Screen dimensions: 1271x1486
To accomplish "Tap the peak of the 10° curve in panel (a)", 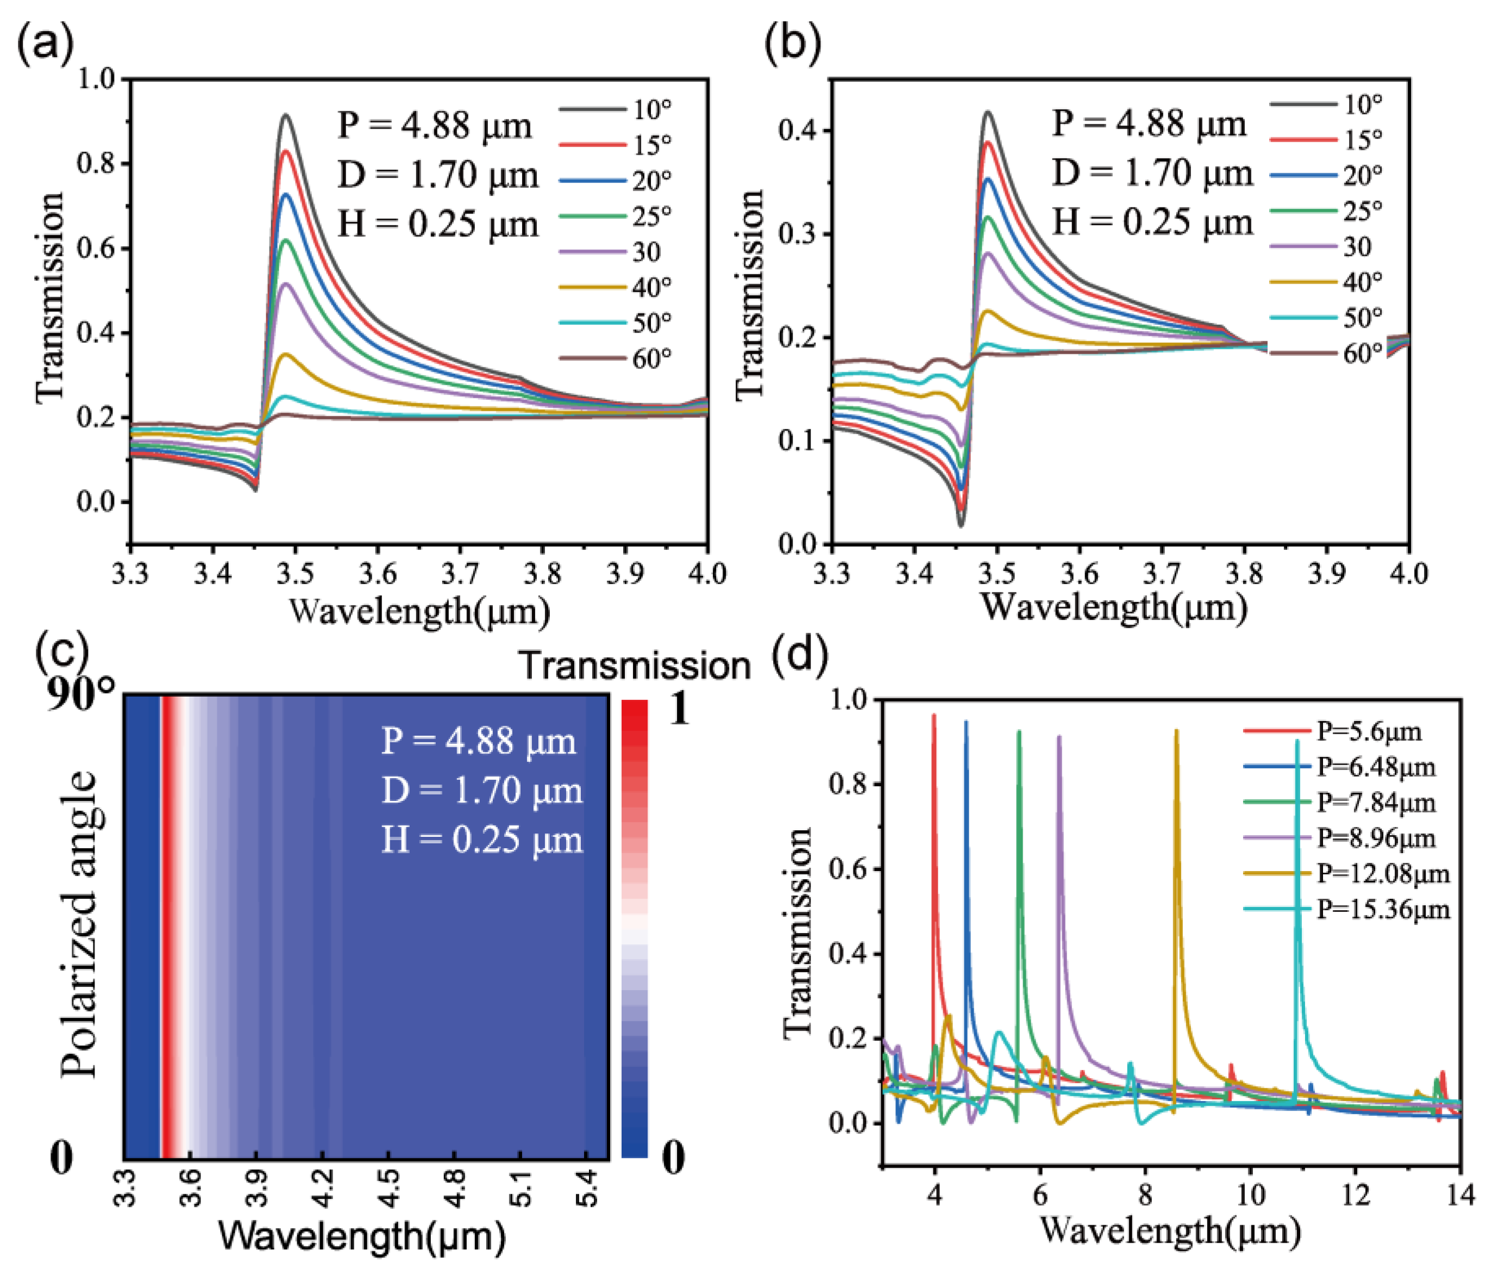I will coord(286,115).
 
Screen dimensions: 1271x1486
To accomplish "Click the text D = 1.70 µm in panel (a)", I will coord(437,175).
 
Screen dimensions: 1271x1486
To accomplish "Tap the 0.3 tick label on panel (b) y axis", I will coord(798,235).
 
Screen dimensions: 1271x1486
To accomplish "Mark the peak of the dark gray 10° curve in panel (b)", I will coord(988,112).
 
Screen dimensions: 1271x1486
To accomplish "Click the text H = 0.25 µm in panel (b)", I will coord(1152,222).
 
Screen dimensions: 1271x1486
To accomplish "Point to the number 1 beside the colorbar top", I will coord(677,709).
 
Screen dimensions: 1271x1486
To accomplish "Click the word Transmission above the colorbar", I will coord(635,666).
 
